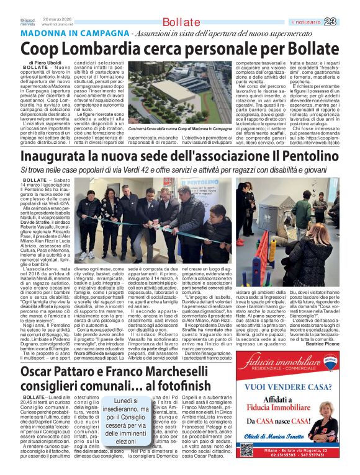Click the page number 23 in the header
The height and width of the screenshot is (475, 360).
(x=347, y=6)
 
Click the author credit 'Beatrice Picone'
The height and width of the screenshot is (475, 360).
(x=335, y=326)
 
